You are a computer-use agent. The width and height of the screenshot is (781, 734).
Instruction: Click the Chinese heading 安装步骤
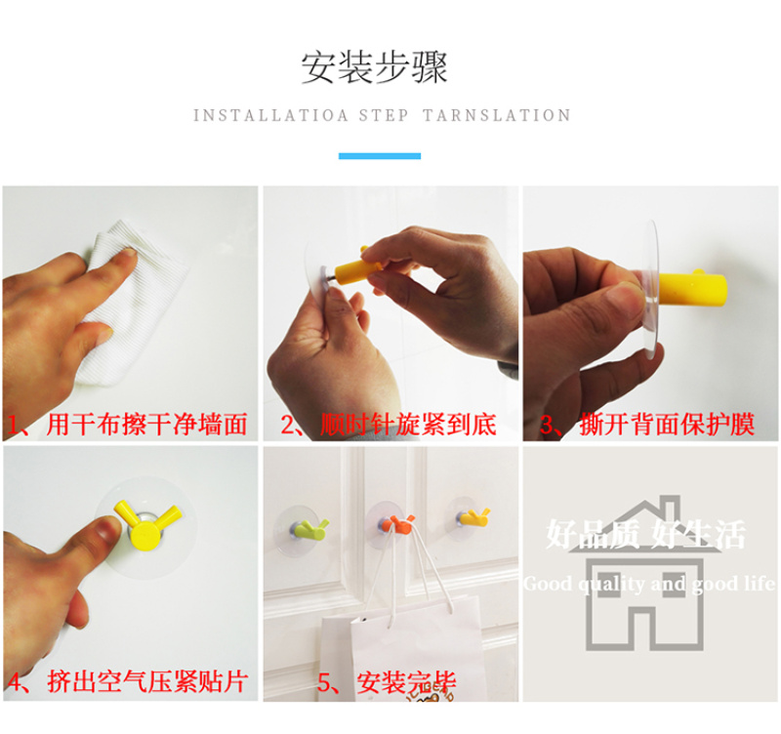click(x=374, y=67)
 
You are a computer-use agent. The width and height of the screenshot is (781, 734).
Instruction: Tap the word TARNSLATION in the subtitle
click(x=497, y=115)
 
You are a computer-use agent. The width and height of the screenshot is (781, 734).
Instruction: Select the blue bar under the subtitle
click(x=380, y=156)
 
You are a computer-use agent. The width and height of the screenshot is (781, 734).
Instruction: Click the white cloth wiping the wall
click(x=135, y=304)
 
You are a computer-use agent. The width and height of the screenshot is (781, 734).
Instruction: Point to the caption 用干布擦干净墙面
click(x=147, y=425)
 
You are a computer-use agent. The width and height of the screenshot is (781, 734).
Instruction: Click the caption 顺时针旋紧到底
click(x=408, y=425)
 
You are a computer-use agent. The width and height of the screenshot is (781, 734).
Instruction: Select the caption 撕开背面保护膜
click(x=667, y=425)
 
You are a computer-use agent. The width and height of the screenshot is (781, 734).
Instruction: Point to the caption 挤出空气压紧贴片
click(x=148, y=681)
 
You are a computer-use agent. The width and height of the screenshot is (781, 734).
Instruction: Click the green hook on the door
click(x=308, y=529)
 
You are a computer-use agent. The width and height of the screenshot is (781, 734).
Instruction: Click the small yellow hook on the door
click(x=473, y=517)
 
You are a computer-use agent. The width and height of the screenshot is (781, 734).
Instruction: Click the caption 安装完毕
click(x=406, y=682)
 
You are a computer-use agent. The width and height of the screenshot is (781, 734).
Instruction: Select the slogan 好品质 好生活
click(x=646, y=534)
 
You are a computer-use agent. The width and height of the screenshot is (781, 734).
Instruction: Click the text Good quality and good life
click(x=649, y=584)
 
